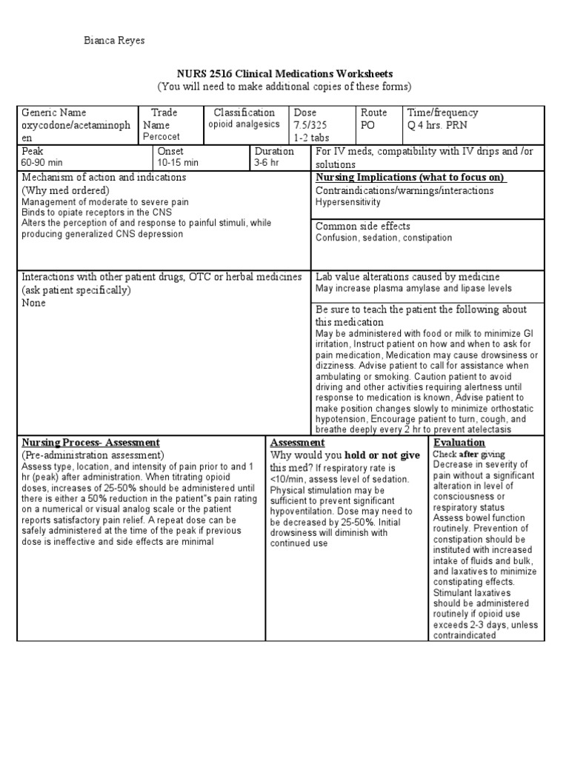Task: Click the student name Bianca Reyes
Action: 113,41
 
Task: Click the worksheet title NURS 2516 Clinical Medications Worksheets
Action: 284,74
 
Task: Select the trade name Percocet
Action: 162,138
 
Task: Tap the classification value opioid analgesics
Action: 244,125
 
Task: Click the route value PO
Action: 369,125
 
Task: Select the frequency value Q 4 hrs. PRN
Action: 443,125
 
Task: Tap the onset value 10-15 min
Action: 178,163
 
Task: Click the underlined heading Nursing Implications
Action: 410,178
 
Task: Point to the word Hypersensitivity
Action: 348,202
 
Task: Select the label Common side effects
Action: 363,226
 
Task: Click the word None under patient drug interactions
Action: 33,303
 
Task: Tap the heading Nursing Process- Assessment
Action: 90,443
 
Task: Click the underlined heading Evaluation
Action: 459,443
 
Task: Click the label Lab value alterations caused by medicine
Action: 408,276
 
